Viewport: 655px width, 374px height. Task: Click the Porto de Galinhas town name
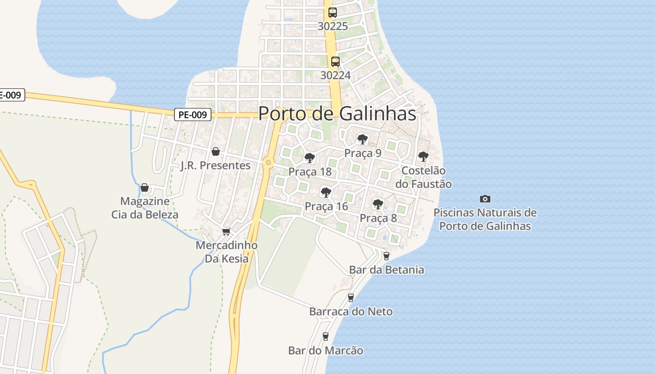click(337, 114)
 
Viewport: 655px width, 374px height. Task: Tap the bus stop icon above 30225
click(333, 13)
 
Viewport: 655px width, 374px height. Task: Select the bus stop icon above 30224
click(335, 61)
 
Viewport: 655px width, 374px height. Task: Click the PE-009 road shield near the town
click(193, 115)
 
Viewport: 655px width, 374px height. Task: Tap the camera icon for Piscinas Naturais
click(485, 199)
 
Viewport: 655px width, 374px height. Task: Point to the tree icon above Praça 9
click(363, 139)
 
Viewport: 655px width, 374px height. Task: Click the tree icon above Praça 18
click(309, 158)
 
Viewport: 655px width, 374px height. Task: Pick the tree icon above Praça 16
click(326, 192)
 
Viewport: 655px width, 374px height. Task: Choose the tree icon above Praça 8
click(378, 204)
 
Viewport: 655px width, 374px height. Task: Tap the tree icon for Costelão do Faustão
click(423, 157)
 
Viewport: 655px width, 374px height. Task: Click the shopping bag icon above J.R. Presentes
click(216, 151)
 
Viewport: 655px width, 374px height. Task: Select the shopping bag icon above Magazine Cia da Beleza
click(145, 187)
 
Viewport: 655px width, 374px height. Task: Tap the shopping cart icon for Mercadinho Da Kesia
click(226, 231)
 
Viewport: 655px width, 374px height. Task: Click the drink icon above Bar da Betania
click(386, 256)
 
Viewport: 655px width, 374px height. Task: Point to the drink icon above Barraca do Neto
click(351, 297)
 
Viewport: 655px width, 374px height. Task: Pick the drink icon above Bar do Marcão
click(326, 336)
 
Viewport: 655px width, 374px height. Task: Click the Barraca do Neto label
click(351, 311)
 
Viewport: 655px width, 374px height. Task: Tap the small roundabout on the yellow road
click(268, 163)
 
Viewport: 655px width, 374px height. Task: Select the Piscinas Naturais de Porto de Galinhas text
click(485, 219)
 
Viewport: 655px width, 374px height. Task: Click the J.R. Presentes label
click(216, 165)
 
